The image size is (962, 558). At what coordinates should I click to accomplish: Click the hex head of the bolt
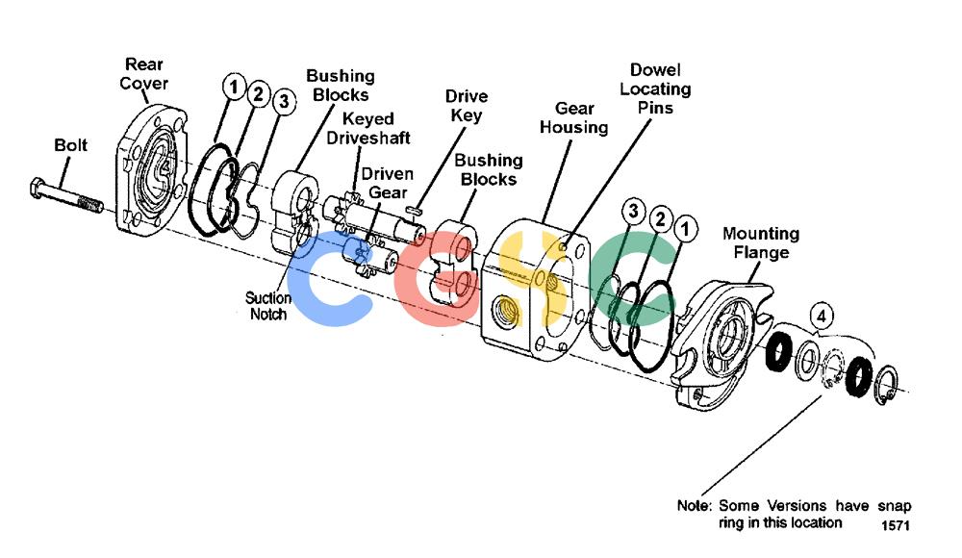(x=38, y=188)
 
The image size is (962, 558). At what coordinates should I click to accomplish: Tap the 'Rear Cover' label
(x=143, y=74)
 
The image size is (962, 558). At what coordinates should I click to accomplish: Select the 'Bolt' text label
(x=70, y=145)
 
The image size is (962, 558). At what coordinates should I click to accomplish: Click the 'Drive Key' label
(x=467, y=106)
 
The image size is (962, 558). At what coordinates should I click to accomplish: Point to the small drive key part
(x=414, y=210)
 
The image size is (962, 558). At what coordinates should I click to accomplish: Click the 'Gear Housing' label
(x=573, y=118)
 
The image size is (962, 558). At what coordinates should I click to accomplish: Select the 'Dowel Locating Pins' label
(x=655, y=89)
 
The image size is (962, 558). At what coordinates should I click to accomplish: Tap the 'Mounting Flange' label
(x=761, y=243)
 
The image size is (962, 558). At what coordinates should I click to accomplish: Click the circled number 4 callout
(x=822, y=317)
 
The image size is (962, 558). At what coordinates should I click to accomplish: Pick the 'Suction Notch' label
(x=268, y=306)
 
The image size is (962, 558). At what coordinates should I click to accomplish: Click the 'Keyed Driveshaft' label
(x=368, y=128)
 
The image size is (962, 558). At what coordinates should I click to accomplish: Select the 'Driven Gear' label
(x=387, y=183)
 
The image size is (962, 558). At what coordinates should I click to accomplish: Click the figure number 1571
(x=895, y=525)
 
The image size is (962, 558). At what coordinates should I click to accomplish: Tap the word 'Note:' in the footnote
(x=694, y=506)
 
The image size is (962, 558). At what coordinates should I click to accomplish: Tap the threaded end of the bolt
(x=90, y=204)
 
